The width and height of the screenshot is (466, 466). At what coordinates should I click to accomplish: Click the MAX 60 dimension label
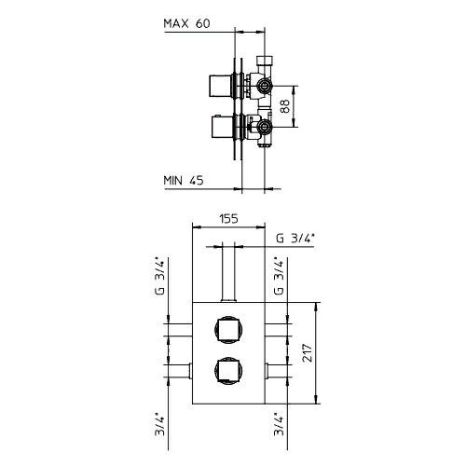coord(186,23)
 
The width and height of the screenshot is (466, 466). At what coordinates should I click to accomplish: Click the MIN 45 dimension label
coord(184,181)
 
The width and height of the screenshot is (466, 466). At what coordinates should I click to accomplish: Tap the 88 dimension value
coord(284,106)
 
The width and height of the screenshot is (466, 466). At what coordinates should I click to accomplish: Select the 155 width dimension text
coord(228,219)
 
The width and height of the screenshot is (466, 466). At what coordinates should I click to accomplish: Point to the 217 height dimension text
coord(308,352)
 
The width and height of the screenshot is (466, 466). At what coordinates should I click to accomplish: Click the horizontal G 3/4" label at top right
coord(295,239)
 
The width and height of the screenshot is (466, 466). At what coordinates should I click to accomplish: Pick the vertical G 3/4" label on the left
coord(160,276)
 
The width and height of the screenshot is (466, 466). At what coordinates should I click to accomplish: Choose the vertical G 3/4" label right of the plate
coord(280,276)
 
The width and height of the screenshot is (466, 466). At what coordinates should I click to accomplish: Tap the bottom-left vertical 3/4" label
coord(160,424)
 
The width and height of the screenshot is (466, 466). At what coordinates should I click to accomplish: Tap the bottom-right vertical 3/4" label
coord(280,424)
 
